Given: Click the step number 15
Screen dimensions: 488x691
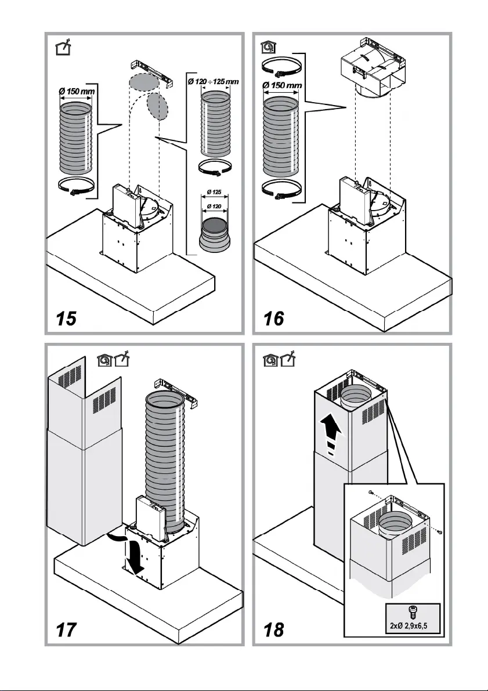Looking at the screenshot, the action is click(x=66, y=318).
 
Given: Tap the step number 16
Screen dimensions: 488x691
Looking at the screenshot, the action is click(x=274, y=318).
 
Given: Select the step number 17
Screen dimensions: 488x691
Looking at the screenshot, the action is click(x=66, y=630).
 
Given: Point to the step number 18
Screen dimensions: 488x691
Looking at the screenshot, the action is click(x=274, y=630).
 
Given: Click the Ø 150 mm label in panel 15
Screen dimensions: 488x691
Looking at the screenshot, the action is click(x=77, y=92).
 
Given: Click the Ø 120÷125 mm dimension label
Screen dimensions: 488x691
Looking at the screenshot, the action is click(x=213, y=82).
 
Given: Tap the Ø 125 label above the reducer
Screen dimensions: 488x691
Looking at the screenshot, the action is click(x=214, y=192).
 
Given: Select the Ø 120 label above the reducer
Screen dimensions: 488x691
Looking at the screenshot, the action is click(x=214, y=206).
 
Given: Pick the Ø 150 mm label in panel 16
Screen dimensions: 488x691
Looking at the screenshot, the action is click(x=282, y=85).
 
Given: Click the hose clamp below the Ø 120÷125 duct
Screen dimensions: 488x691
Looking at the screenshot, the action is click(x=215, y=168).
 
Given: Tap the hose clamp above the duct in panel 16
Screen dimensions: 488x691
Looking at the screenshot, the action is click(x=281, y=67).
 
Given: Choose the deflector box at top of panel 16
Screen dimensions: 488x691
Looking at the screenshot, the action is click(x=373, y=68).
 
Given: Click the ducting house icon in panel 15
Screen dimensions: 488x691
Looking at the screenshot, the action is click(x=63, y=47).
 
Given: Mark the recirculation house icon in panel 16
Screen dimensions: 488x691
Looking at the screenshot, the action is click(x=268, y=47).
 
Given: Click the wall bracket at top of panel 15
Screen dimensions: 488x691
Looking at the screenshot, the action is click(x=151, y=74).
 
